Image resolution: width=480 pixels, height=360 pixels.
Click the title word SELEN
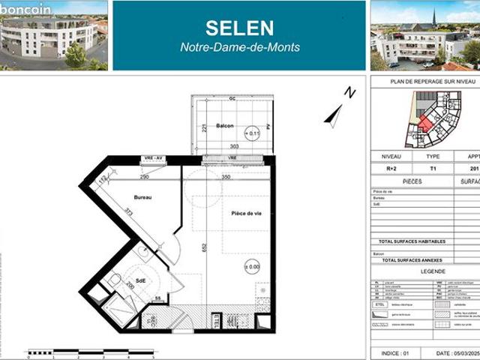(240, 28)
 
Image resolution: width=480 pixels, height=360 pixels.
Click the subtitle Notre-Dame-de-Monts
(240, 48)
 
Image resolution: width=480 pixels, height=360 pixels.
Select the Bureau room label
(143, 197)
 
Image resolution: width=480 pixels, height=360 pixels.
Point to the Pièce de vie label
(246, 214)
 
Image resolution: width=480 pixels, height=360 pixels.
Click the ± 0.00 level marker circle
(252, 266)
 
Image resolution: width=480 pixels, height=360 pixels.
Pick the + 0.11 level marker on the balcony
(253, 133)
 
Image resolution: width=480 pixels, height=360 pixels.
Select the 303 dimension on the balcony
(233, 147)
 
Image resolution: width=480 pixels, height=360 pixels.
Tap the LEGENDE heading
(433, 271)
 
